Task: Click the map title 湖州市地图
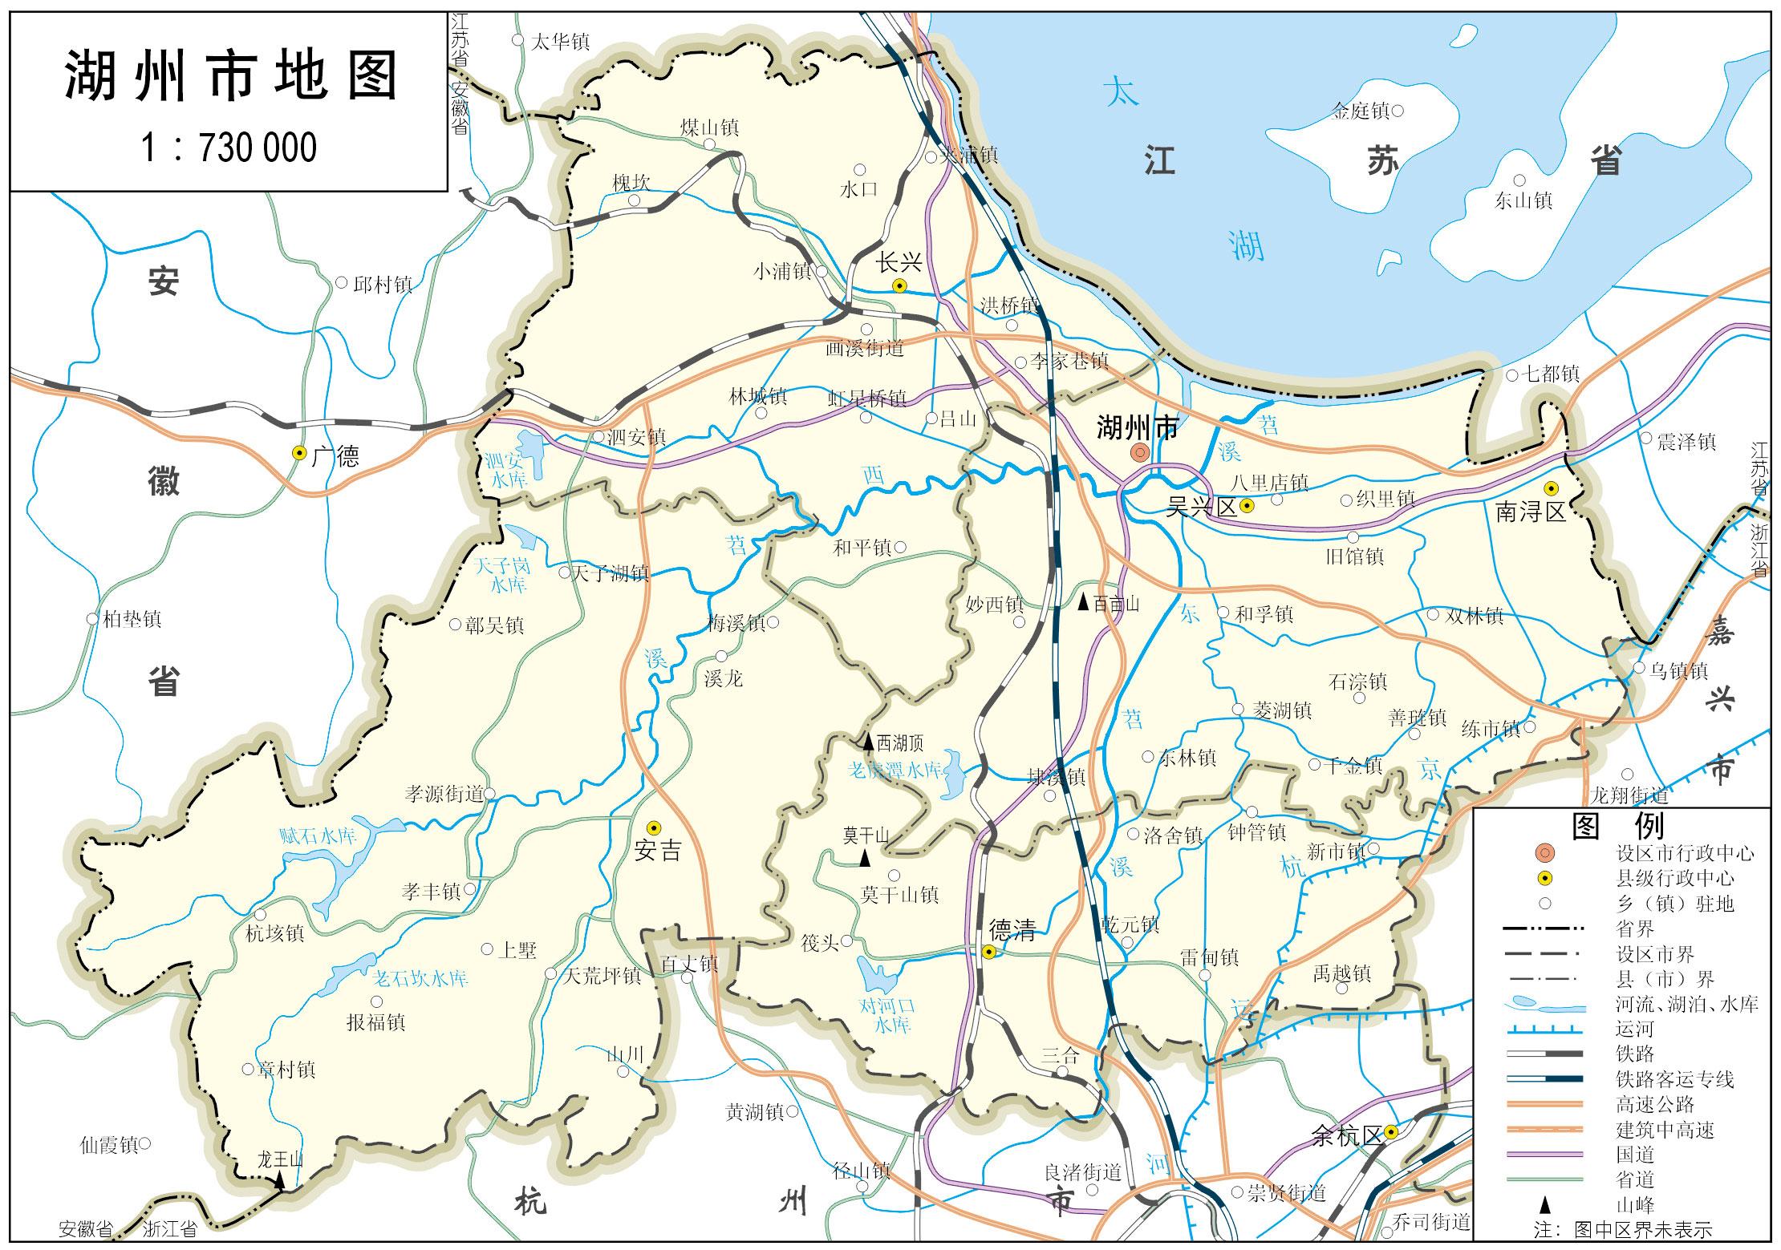229,77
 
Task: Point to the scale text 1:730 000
229,148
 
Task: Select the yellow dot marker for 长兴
900,285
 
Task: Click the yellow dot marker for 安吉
655,827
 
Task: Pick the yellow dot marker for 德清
989,952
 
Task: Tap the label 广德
335,456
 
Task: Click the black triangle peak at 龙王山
279,1180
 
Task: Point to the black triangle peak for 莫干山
864,859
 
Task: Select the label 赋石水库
317,837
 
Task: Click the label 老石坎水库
420,978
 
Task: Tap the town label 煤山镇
708,127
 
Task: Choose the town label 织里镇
1385,499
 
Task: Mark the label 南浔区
1531,512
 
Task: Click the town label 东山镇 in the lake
1523,200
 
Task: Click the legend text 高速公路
1653,1104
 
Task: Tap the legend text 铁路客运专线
1674,1079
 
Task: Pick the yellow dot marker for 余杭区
1390,1132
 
